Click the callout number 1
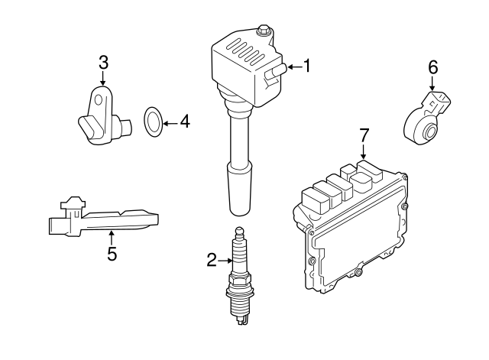pyautogui.click(x=307, y=66)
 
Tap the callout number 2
pyautogui.click(x=212, y=261)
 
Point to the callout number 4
pyautogui.click(x=184, y=121)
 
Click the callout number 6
pyautogui.click(x=432, y=67)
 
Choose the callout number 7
pyautogui.click(x=364, y=135)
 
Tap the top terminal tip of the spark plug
pyautogui.click(x=240, y=232)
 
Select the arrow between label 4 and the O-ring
pyautogui.click(x=170, y=121)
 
